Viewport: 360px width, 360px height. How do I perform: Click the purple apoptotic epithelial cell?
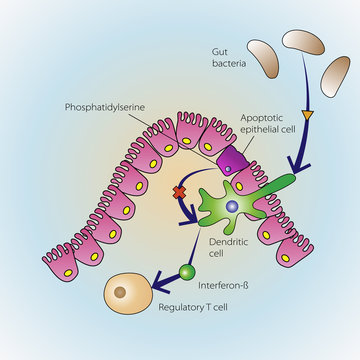point(229,159)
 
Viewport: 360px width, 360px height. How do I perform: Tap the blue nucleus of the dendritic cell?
point(231,206)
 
